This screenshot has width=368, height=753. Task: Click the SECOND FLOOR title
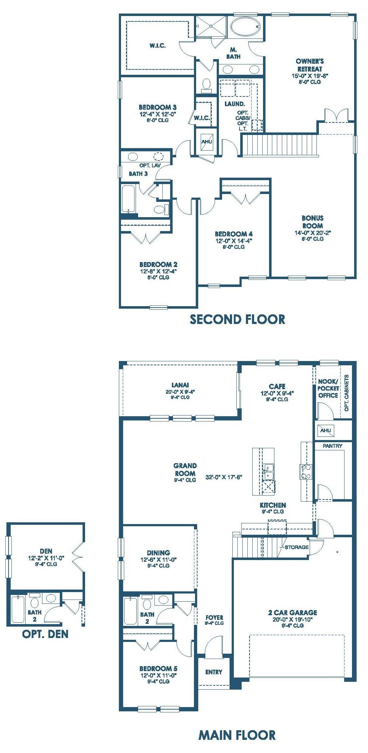(237, 319)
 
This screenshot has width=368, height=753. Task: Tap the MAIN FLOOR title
(237, 735)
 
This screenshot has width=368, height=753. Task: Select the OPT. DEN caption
(45, 634)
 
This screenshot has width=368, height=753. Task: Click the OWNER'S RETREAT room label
(310, 65)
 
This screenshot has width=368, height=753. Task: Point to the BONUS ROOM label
(312, 222)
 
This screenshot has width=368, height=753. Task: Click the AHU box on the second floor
(207, 141)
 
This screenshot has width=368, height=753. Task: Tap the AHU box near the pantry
(325, 430)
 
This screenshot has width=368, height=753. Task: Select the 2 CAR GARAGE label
(293, 613)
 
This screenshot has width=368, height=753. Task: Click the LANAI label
(180, 385)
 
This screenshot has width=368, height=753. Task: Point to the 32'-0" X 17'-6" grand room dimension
(224, 477)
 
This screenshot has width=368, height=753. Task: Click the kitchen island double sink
(268, 471)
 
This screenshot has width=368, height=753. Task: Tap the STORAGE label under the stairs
(296, 547)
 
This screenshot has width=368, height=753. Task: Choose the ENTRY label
(214, 672)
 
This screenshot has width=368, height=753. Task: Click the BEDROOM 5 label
(158, 668)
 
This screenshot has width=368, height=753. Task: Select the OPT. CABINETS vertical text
(346, 393)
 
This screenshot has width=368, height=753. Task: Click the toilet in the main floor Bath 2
(147, 602)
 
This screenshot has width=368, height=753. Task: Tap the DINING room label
(158, 553)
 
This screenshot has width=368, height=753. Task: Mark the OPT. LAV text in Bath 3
(150, 166)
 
